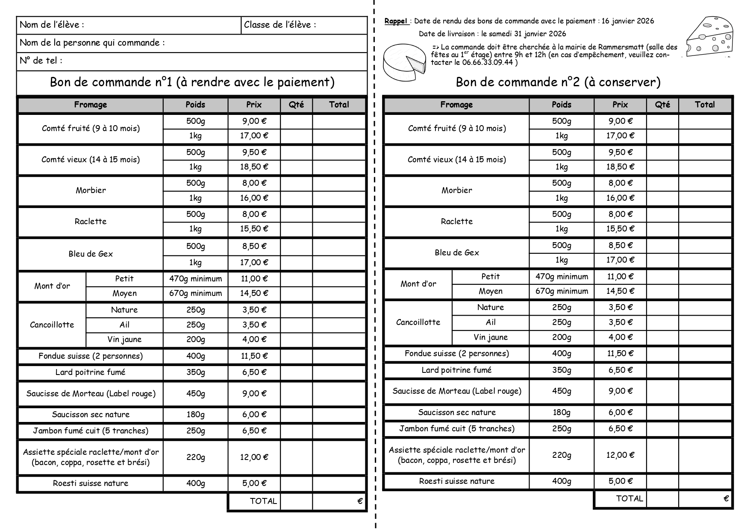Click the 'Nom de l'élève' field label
coord(52,25)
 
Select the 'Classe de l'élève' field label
coord(280,25)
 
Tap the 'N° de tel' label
coord(41,61)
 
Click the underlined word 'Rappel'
coord(396,21)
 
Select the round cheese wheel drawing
coord(404,61)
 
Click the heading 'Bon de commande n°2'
coord(558,82)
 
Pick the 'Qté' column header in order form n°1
coord(296,105)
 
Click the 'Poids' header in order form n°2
coord(561,105)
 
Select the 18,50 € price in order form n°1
coord(254,167)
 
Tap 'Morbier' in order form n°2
coord(456,190)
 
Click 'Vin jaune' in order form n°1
coord(124,340)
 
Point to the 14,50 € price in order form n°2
coord(620,291)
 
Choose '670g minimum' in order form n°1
coord(195,293)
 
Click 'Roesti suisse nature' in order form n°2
coord(456,481)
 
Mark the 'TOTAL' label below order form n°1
coord(263,501)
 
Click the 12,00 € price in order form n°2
coord(620,455)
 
